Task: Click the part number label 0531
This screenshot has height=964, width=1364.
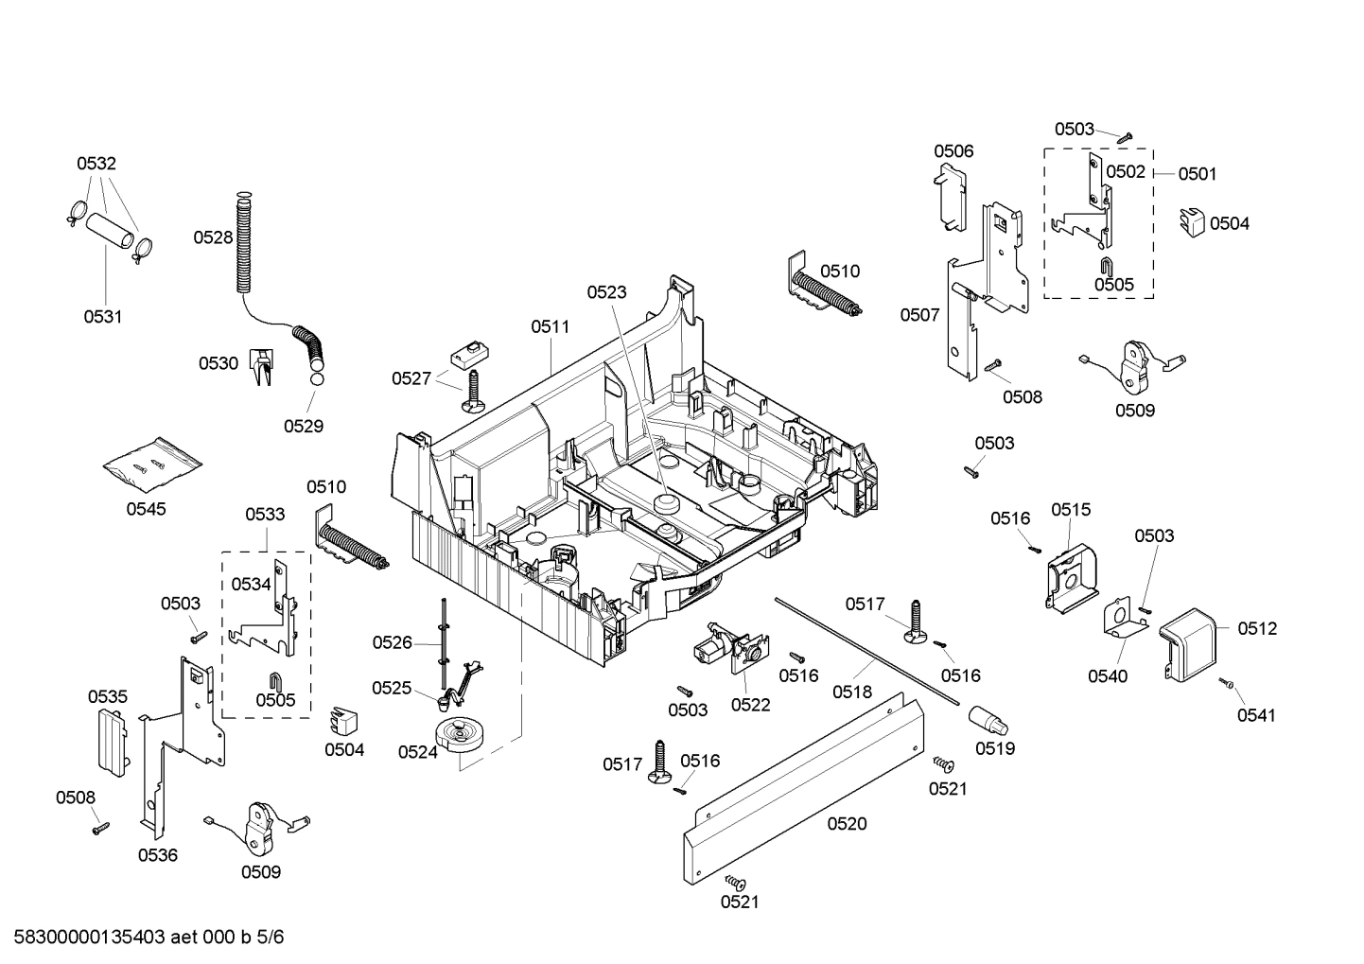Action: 102,317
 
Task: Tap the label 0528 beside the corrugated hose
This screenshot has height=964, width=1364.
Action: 213,237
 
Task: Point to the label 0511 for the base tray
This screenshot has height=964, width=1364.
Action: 550,326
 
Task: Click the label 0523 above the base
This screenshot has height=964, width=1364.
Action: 606,292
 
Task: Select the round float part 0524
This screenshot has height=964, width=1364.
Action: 461,736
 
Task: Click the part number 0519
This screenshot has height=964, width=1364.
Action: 995,748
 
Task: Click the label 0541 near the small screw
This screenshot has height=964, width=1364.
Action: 1256,715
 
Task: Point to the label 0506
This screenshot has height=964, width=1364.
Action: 953,151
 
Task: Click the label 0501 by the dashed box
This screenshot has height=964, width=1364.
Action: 1198,173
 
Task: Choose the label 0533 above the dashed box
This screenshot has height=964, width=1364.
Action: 265,515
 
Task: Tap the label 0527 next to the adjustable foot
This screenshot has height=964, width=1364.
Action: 411,378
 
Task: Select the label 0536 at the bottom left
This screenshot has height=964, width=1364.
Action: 157,855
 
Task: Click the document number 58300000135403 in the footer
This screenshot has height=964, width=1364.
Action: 85,938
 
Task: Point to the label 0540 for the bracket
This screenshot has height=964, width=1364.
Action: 1107,675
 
